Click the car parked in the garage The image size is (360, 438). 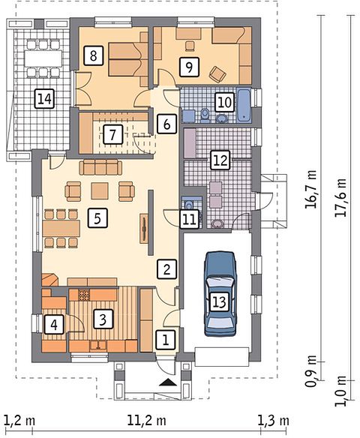point(220,293)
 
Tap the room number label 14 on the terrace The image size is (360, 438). point(44,98)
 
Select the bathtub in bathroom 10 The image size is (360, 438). point(244,105)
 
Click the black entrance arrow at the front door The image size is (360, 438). point(169,382)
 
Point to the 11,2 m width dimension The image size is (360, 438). point(147,420)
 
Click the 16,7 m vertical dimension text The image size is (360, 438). point(310,189)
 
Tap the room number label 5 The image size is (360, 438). point(97,218)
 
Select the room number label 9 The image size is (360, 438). point(189,67)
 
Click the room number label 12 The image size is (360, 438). point(220,160)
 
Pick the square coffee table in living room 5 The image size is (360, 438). point(100,190)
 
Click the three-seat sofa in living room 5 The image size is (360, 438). point(100,167)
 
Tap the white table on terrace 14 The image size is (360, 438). point(43,58)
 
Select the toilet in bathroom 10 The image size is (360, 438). point(205,115)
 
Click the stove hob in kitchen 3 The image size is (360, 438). point(83,295)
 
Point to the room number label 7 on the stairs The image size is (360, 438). point(112,135)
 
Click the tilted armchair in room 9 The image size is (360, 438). point(217,74)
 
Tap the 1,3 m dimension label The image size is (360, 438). point(273,420)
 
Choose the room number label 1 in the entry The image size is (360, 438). point(166,340)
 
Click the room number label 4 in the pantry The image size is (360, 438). point(54,324)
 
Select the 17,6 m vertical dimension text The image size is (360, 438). point(340,197)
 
